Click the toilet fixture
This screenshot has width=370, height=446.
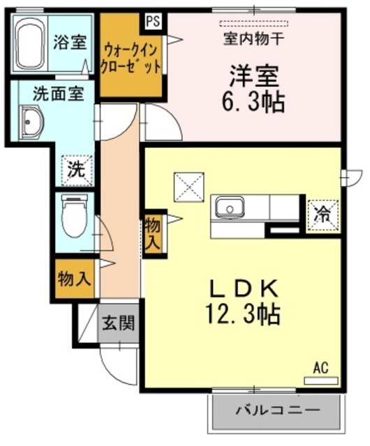[x=72, y=216]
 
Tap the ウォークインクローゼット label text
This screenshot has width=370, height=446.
[x=132, y=59]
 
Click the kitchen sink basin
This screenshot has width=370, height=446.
[x=228, y=208]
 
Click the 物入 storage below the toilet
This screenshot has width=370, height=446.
[x=74, y=279]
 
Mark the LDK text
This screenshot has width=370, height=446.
[x=242, y=287]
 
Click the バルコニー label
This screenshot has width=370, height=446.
[x=277, y=411]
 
